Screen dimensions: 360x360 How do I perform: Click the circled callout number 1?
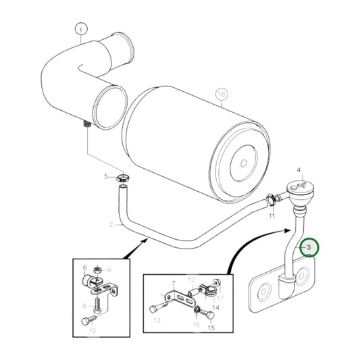[81, 30]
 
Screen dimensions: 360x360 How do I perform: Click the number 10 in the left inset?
[93, 330]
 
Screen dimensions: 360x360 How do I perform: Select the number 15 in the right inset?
[211, 328]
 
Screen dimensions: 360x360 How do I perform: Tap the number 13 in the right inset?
[157, 320]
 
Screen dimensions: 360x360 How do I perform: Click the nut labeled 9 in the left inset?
[97, 272]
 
